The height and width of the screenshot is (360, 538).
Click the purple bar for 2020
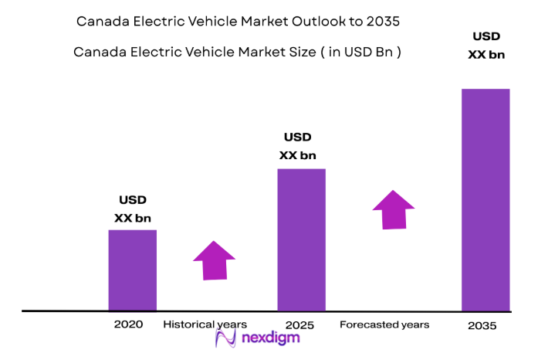(132, 270)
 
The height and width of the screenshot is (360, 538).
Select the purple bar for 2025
(301, 239)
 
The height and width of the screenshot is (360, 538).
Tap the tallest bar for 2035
(486, 199)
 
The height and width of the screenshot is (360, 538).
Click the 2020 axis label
(128, 324)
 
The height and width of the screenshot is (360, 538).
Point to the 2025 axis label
(299, 325)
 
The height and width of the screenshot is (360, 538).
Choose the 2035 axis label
(482, 326)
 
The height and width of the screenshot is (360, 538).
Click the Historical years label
(205, 324)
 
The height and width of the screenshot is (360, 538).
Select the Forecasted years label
(384, 324)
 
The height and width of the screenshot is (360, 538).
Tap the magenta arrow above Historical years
(214, 260)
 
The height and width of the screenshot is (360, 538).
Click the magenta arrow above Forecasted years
(393, 209)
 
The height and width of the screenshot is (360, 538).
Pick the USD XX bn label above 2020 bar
(133, 209)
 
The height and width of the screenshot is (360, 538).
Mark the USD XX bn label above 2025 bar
(297, 146)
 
